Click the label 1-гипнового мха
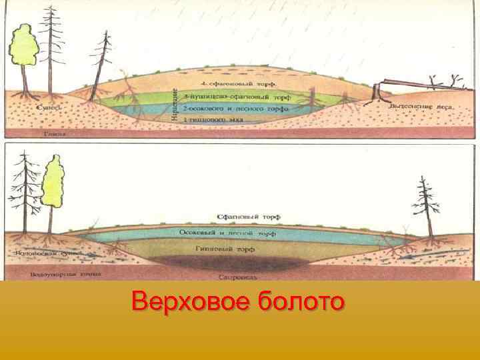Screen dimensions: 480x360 coord(214,117)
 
